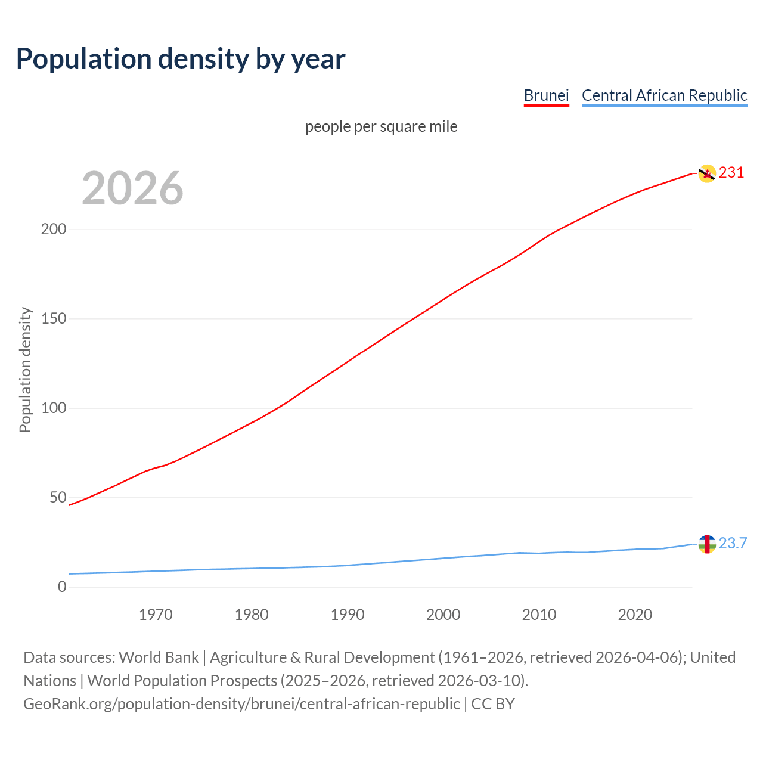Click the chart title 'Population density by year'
pos(181,59)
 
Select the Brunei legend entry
pos(546,95)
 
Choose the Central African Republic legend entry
pos(664,95)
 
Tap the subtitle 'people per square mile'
pos(381,127)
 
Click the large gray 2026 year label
pos(132,188)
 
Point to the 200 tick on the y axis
pos(54,229)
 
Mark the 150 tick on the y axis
pos(54,319)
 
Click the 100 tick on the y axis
pos(54,408)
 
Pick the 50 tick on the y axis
pos(58,498)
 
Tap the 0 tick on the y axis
pos(62,587)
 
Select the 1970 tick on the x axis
pos(156,615)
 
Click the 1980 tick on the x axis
pos(252,615)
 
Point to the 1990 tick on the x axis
pos(348,615)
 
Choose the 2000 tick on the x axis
pos(443,615)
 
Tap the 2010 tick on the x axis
pos(539,615)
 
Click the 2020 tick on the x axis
pos(635,615)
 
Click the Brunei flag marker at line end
pos(707,173)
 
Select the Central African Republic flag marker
pos(707,544)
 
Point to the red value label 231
pos(731,173)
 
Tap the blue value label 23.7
pos(733,544)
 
